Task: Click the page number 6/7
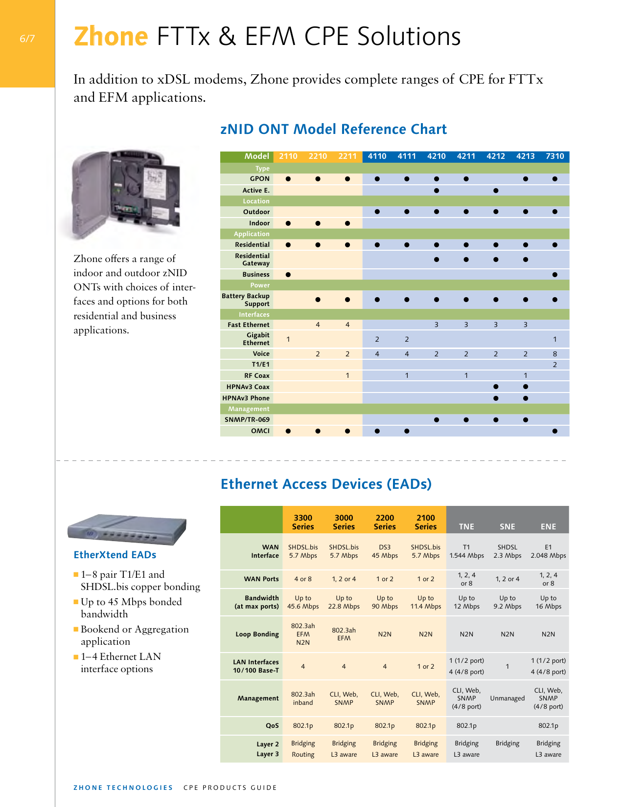(27, 39)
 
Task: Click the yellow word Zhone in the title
(111, 37)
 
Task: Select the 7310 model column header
(555, 156)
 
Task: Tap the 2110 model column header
(288, 156)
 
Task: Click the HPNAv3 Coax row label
(248, 387)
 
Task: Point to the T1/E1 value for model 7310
(555, 365)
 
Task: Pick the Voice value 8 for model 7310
(555, 354)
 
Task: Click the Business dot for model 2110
(288, 275)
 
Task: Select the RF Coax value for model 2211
(347, 376)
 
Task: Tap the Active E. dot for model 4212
(496, 191)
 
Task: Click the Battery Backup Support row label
(246, 300)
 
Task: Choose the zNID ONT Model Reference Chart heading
(333, 130)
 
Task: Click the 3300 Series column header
(303, 522)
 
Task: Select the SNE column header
(507, 526)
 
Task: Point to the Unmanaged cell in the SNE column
(507, 698)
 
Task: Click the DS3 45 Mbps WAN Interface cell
(385, 551)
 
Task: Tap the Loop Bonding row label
(257, 634)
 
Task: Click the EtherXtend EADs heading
(115, 555)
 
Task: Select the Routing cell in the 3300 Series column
(303, 755)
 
